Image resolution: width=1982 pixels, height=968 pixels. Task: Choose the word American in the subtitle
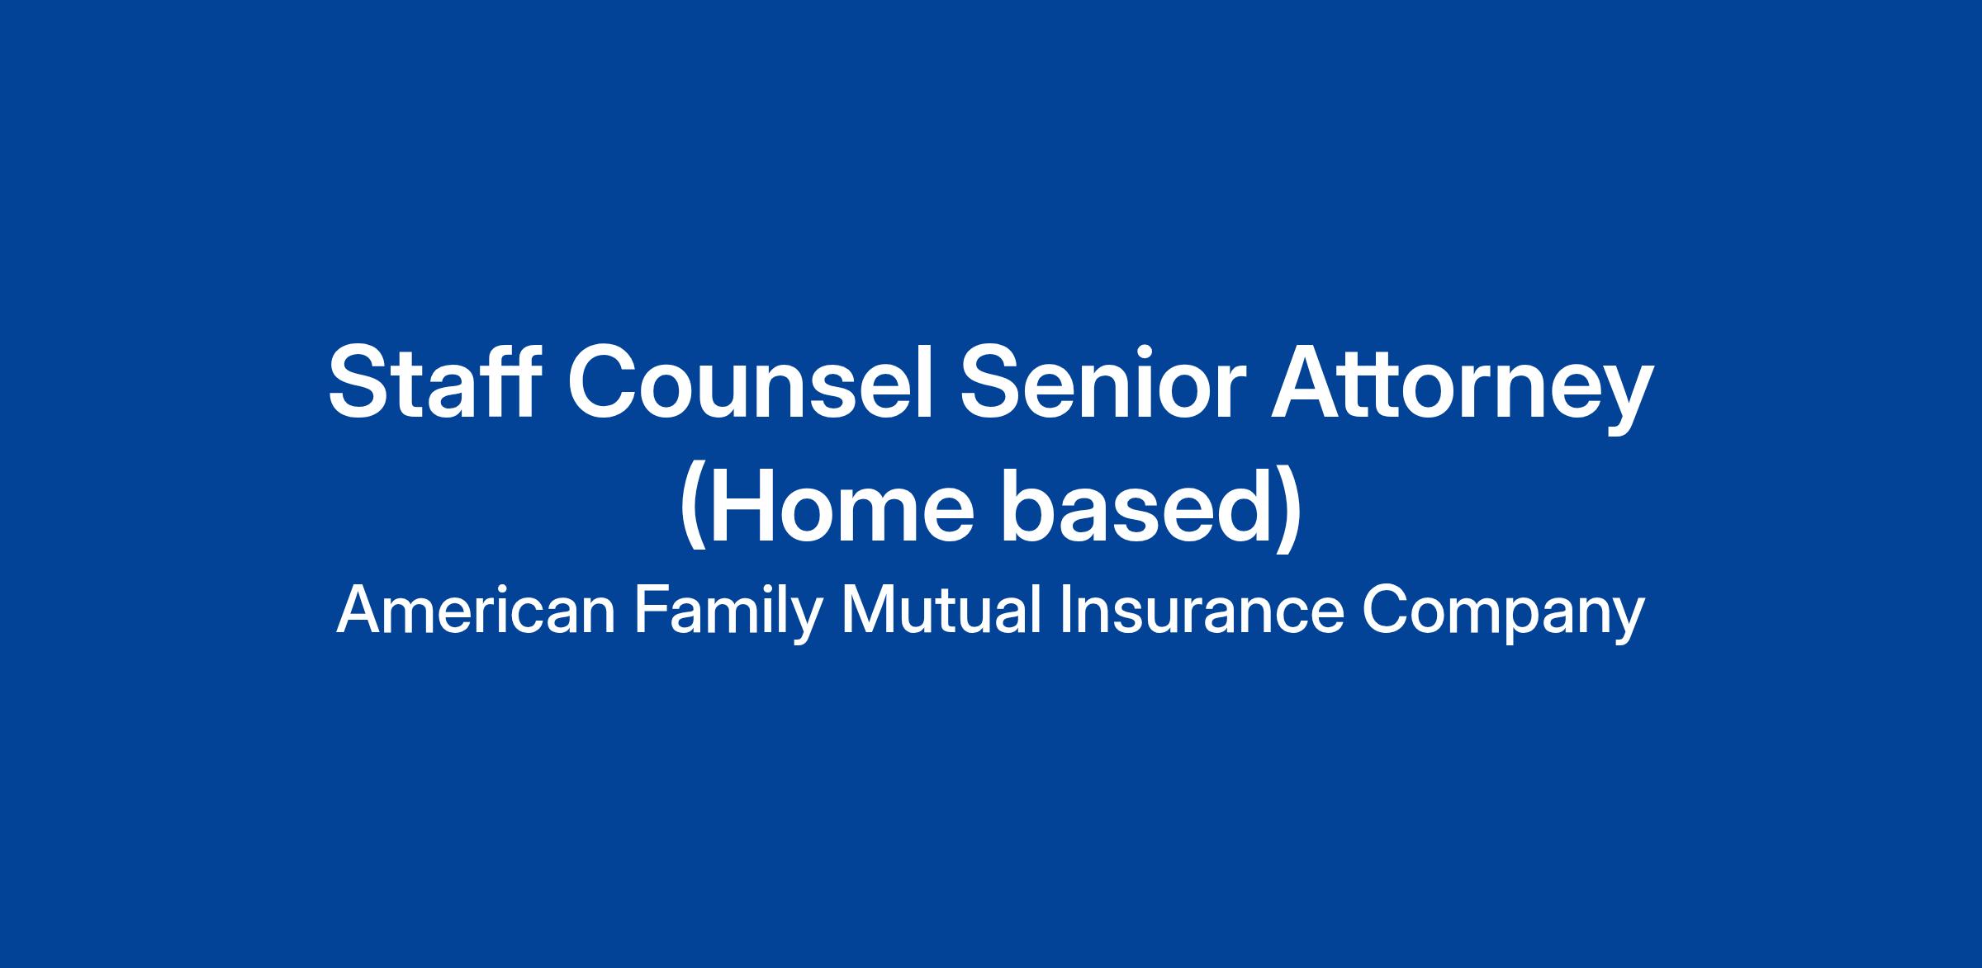click(476, 611)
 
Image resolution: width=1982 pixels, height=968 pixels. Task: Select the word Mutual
click(941, 611)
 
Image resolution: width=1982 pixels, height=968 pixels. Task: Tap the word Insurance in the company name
click(1202, 611)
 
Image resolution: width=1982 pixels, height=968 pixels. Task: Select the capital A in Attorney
click(1309, 381)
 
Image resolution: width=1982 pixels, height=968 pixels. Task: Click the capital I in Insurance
click(1064, 611)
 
